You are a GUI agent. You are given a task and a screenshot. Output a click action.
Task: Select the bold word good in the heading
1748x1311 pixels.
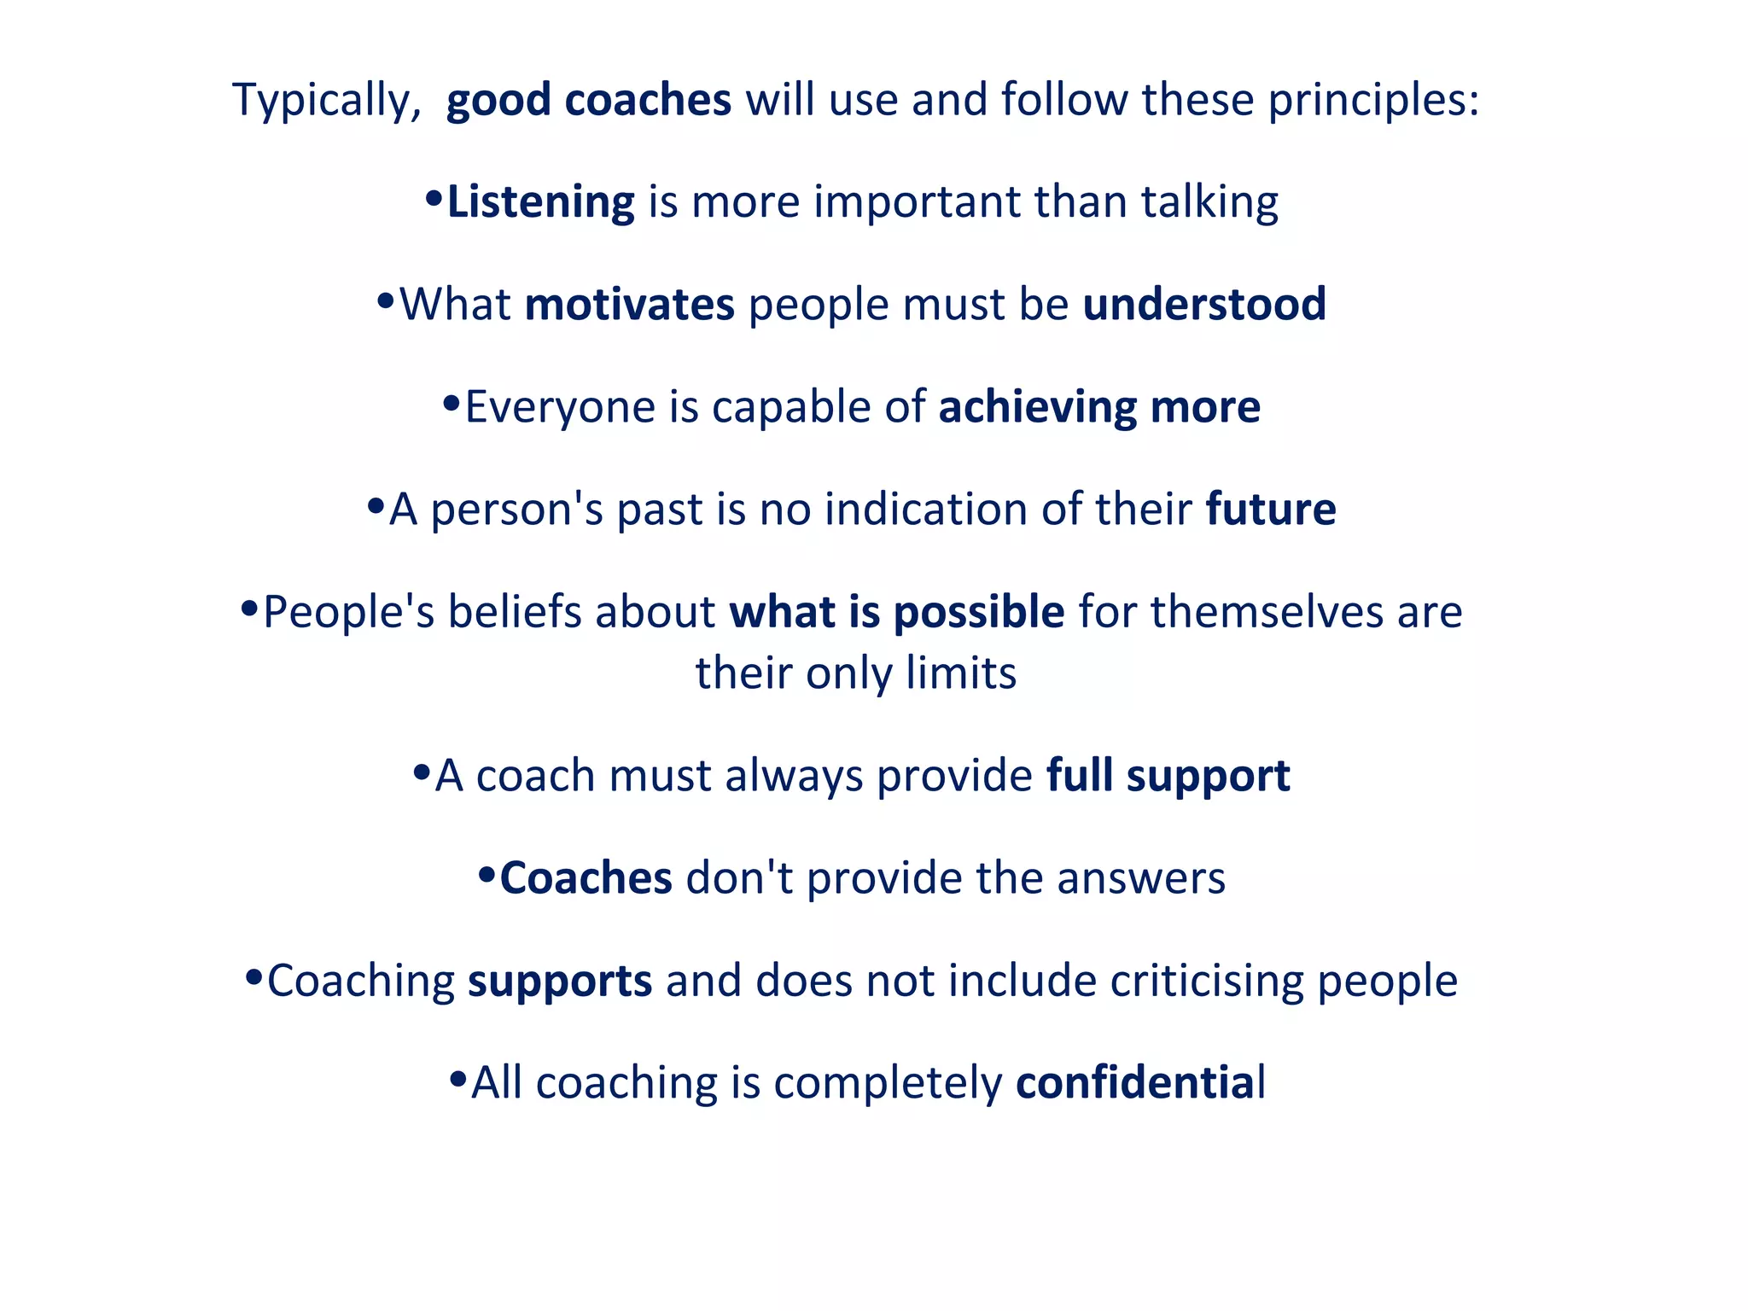point(498,101)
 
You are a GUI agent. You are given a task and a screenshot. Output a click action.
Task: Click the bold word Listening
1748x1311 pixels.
point(540,203)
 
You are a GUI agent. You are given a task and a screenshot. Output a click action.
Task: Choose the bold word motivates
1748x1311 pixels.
point(629,305)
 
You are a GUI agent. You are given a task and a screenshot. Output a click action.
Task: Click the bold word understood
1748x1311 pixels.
point(1204,305)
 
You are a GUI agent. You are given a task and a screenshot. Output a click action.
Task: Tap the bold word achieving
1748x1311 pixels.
point(1037,407)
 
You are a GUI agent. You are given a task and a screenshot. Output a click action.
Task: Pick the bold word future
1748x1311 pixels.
point(1270,510)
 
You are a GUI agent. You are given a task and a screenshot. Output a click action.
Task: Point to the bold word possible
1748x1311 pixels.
point(979,612)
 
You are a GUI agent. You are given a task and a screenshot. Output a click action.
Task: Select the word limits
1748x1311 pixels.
point(961,673)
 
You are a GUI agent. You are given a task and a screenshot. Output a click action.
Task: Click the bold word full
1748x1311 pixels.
point(1079,776)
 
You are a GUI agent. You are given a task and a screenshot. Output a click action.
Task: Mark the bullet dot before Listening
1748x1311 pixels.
point(434,200)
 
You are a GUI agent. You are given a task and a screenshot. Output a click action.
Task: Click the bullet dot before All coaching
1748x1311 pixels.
point(458,1080)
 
